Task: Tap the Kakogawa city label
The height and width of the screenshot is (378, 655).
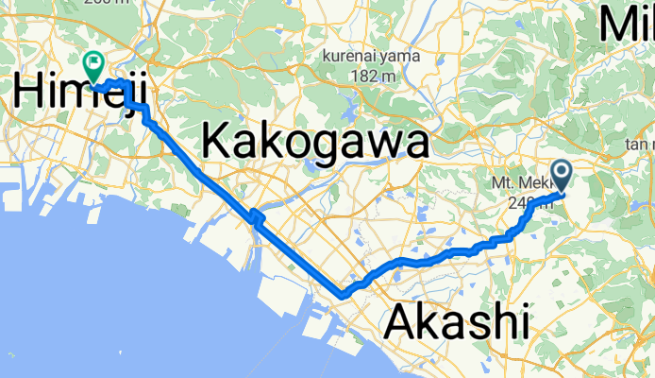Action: pos(315,144)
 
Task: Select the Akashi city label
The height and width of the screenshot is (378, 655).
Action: pos(456,323)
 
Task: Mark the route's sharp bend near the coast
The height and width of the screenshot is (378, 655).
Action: pos(342,295)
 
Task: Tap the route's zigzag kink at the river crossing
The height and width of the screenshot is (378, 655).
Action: pos(255,218)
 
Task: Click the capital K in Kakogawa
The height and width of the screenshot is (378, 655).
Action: pos(216,144)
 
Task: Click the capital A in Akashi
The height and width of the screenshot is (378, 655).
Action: pos(401,323)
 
